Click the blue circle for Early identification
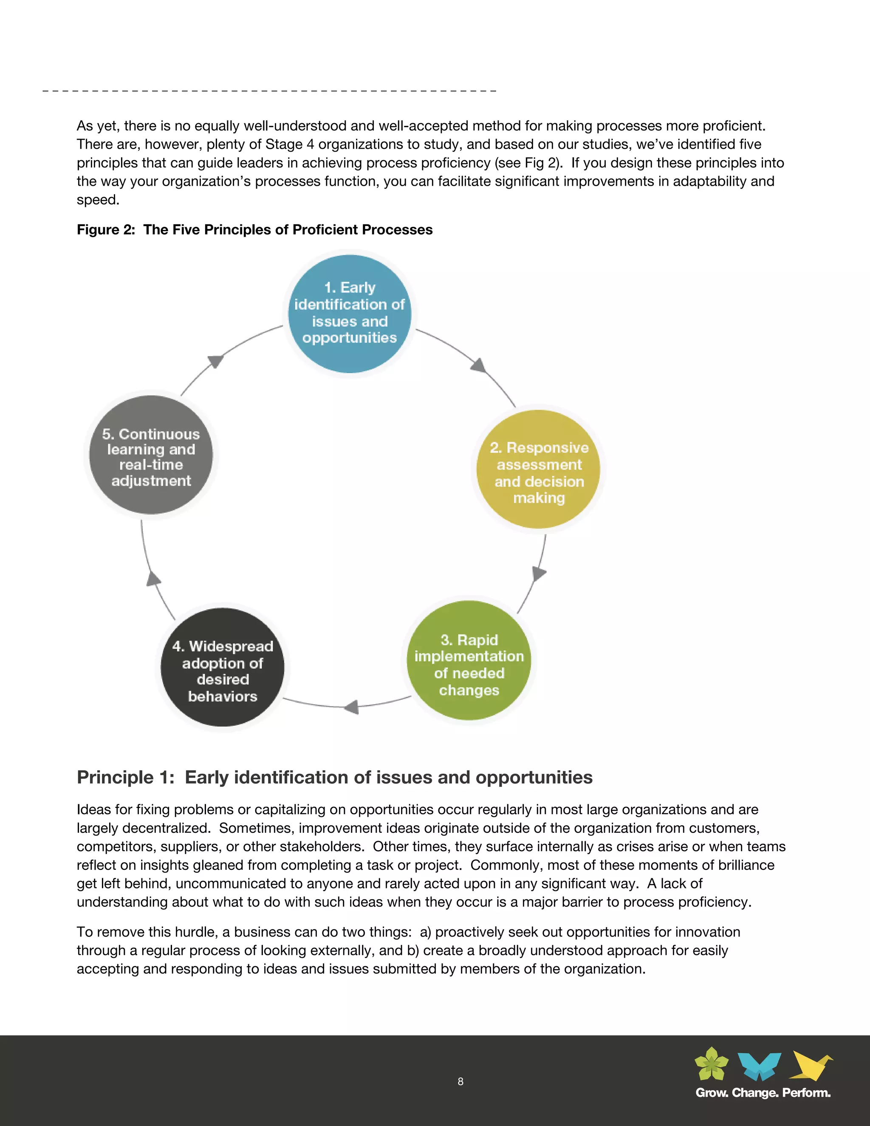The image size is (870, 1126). [x=350, y=314]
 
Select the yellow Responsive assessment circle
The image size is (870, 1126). [x=538, y=469]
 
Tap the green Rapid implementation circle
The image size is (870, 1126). [x=469, y=660]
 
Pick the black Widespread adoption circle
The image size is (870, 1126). [x=222, y=667]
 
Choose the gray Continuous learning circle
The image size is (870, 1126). [x=150, y=455]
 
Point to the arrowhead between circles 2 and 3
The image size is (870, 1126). [x=538, y=573]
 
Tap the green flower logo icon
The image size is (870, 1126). [x=712, y=1064]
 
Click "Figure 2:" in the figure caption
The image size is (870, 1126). [x=106, y=229]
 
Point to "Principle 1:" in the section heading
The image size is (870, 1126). [x=126, y=777]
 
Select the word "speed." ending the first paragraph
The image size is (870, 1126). [x=98, y=200]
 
